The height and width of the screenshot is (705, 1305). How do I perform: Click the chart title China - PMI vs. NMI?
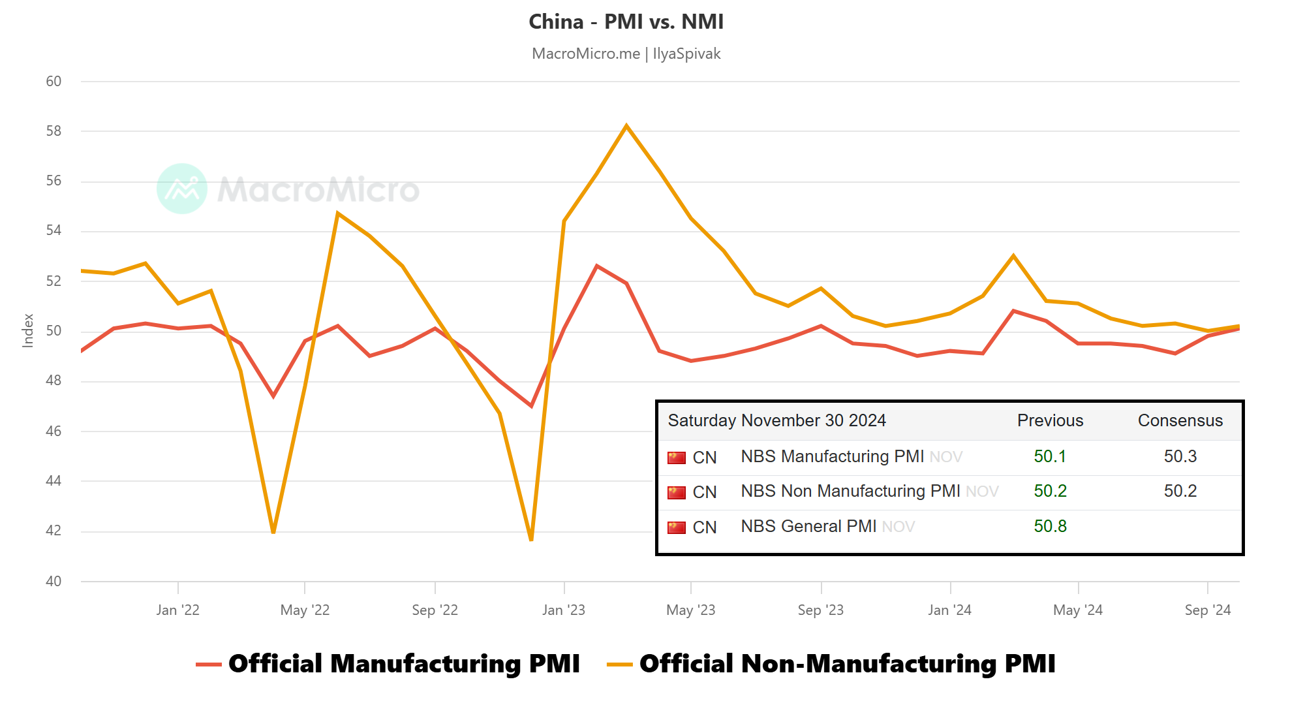coord(626,22)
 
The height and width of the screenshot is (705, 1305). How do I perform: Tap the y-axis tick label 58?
coord(54,131)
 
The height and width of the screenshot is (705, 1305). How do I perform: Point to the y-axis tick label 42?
coord(54,531)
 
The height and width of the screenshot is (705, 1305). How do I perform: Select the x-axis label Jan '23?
coord(564,610)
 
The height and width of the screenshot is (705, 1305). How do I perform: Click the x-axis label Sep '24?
coord(1208,610)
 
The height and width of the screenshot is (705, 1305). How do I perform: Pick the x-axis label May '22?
coord(305,610)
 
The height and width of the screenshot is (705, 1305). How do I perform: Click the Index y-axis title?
coord(28,330)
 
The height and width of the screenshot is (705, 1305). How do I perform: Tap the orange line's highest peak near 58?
coord(626,126)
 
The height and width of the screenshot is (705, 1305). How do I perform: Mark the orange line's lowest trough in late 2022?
coord(531,539)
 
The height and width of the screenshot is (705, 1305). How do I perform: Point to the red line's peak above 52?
coord(596,266)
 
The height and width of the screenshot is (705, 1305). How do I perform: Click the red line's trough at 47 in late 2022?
coord(531,405)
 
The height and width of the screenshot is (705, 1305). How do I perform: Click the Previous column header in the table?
coord(1050,420)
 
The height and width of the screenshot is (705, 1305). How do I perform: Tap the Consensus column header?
coord(1180,420)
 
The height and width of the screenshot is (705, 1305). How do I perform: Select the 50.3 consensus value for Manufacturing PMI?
coord(1180,456)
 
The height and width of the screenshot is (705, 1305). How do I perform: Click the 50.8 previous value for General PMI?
coord(1050,526)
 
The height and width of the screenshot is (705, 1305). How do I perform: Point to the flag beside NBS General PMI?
coord(677,527)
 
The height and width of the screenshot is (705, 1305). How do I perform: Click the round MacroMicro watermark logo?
coord(182,189)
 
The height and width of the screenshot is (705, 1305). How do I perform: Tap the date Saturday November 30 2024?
coord(776,420)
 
